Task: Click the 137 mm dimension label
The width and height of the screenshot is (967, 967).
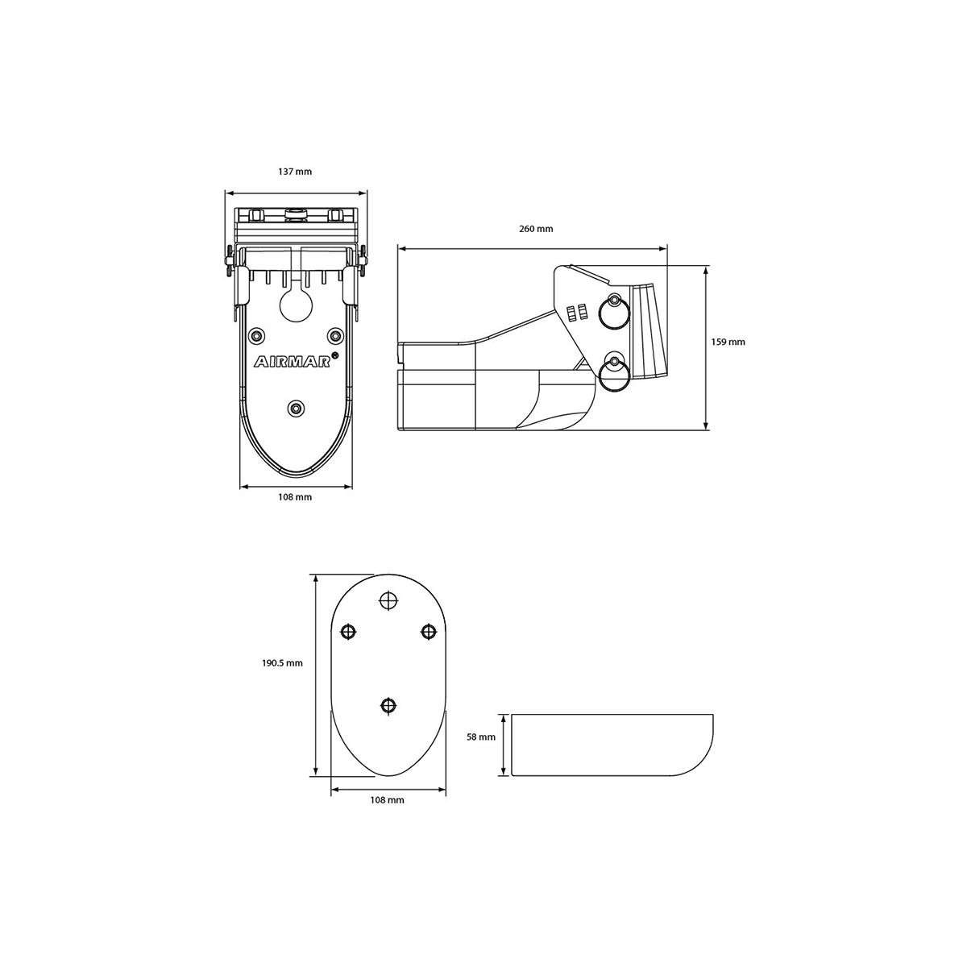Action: [x=295, y=172]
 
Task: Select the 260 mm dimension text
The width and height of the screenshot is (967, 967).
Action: [x=536, y=229]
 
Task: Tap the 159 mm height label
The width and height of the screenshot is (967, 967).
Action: [x=729, y=342]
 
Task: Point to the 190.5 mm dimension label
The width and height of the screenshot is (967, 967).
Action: [x=282, y=663]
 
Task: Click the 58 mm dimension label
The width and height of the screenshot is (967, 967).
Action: [x=481, y=736]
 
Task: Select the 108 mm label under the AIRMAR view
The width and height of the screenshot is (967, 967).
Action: [x=295, y=497]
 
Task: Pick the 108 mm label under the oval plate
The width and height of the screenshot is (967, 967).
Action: [x=387, y=800]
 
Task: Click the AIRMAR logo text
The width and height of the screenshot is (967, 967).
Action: [x=293, y=363]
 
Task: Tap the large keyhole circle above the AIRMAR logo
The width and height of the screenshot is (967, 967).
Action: [x=296, y=305]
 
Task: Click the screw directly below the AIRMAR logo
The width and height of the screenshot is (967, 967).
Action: [x=297, y=409]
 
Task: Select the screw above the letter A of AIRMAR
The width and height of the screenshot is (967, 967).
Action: [x=257, y=334]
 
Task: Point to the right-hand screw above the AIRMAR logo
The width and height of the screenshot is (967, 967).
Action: [x=334, y=334]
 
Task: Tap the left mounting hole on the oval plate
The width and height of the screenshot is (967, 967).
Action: [x=349, y=632]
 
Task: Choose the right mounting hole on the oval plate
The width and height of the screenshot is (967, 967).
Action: [x=428, y=632]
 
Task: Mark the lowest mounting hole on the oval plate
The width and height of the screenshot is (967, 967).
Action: [x=388, y=705]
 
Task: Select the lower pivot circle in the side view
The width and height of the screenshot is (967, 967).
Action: [x=615, y=371]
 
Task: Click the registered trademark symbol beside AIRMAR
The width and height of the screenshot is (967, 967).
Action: [x=335, y=355]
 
